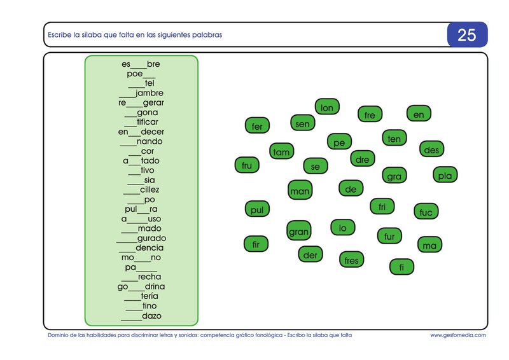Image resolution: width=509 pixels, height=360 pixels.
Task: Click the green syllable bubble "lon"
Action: tap(327, 107)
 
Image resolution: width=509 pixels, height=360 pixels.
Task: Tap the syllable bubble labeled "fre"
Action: tap(370, 114)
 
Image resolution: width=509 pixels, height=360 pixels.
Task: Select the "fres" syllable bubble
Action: tap(352, 260)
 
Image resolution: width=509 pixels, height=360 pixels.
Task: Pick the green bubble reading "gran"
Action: tap(299, 231)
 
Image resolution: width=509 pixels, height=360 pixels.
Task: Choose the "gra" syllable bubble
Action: tap(394, 176)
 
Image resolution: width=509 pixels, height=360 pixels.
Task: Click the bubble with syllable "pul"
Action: tap(257, 209)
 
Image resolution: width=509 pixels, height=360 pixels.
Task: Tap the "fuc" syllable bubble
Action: tap(426, 212)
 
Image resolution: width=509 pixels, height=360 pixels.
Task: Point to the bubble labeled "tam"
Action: tap(281, 151)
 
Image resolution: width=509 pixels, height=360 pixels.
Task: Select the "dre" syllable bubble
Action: tap(363, 159)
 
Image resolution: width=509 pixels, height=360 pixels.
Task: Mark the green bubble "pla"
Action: tap(445, 175)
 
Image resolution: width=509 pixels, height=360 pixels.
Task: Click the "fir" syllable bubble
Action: tap(256, 244)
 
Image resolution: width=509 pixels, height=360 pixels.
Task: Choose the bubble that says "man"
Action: tap(300, 190)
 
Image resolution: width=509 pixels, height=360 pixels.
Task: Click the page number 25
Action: tap(467, 35)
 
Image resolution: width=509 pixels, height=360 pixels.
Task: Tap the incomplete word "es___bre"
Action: tap(141, 64)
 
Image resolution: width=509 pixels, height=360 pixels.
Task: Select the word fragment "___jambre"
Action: tap(141, 93)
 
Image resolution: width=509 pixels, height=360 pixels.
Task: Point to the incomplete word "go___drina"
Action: tap(141, 286)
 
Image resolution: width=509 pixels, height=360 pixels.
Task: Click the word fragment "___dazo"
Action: tap(141, 316)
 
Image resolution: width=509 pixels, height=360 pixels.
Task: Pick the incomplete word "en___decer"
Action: tap(141, 132)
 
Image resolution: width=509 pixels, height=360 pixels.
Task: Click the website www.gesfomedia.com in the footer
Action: tap(458, 335)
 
